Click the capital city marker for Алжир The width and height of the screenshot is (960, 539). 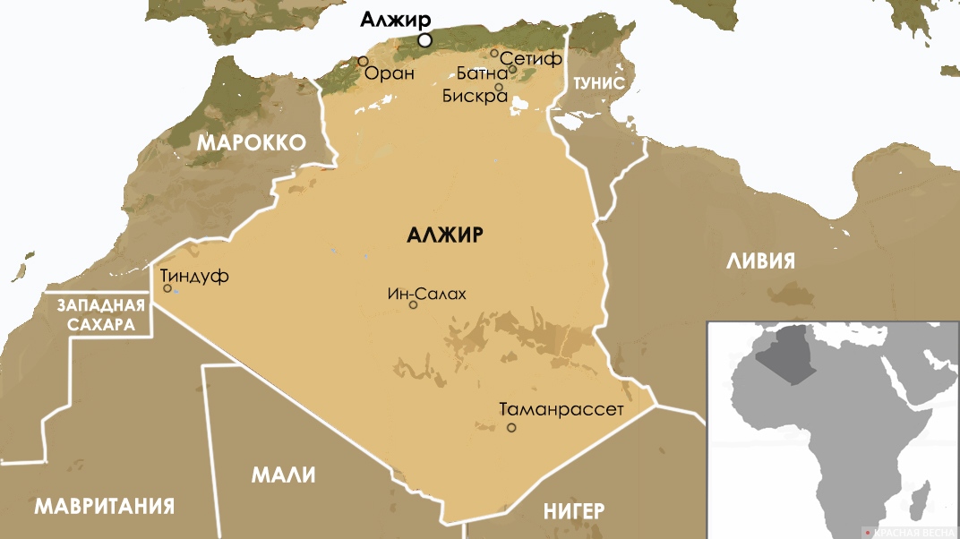[425, 40]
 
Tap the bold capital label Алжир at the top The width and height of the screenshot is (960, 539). [395, 20]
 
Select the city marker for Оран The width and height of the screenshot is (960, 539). [363, 61]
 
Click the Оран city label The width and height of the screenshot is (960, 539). [390, 73]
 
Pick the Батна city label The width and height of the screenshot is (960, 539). [482, 73]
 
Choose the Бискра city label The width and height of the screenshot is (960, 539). [475, 96]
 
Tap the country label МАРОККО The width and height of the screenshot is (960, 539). [252, 142]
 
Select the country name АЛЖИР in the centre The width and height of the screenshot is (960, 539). [445, 235]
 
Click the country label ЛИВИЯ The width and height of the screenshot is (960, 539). [760, 261]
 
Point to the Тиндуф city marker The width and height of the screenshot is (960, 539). [167, 288]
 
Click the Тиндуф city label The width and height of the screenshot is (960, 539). [195, 276]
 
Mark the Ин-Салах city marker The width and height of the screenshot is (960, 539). [413, 304]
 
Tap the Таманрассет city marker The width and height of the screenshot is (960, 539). [511, 428]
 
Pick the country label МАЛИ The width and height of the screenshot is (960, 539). [283, 475]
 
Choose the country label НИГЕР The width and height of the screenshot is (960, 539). [574, 511]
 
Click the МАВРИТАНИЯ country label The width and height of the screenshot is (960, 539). [104, 506]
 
